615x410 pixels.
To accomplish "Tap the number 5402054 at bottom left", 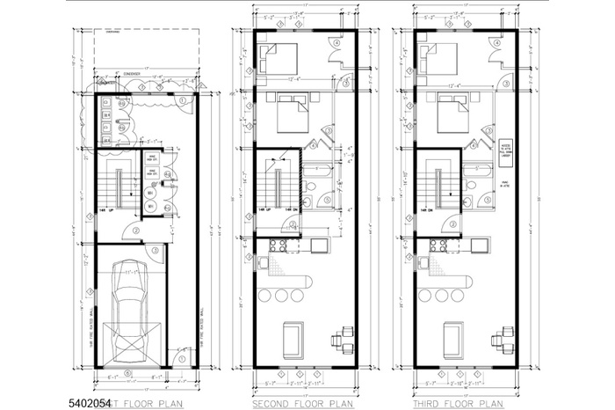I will (89, 402).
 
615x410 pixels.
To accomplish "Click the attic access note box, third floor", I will (505, 150).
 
